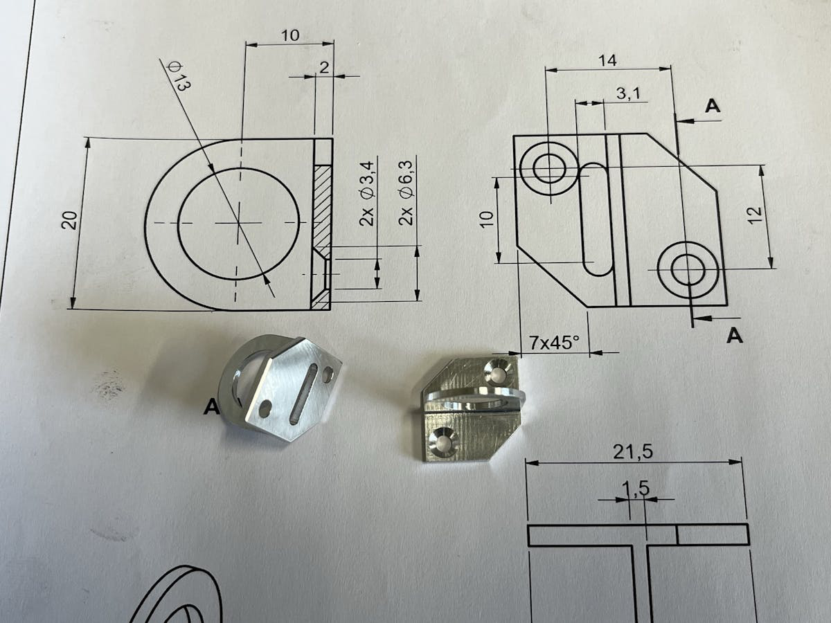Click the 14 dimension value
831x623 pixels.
tap(607, 61)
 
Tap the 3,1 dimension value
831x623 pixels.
tap(629, 93)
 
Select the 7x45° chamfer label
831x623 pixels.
tap(554, 343)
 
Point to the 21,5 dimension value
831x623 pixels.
tap(633, 453)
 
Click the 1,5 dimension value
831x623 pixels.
tap(636, 488)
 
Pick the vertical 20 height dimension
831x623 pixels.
tap(70, 220)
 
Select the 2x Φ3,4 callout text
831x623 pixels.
tap(366, 194)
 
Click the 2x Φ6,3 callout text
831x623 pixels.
tap(406, 194)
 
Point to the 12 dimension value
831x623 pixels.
tap(755, 215)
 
